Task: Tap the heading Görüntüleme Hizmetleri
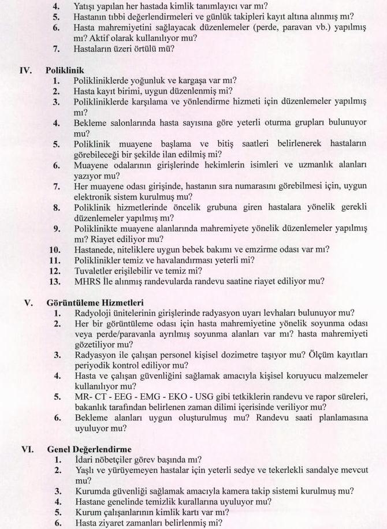click(x=95, y=303)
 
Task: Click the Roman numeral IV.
click(x=25, y=70)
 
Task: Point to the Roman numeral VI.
click(x=26, y=449)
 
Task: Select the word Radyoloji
click(x=94, y=313)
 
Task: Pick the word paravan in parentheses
click(x=277, y=28)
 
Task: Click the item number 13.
click(x=55, y=281)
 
